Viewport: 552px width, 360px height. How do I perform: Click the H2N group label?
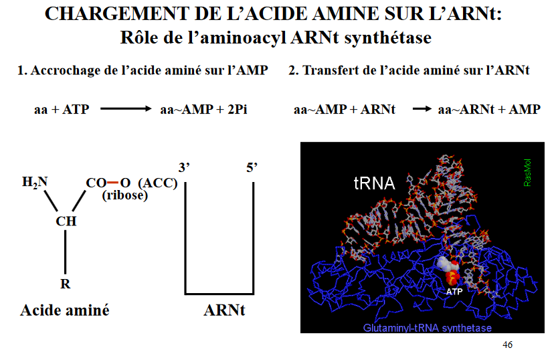tap(35, 182)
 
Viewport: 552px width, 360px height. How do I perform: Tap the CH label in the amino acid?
tap(66, 221)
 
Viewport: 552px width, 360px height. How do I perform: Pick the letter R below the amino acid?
tap(66, 284)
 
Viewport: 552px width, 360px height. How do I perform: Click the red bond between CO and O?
tap(112, 182)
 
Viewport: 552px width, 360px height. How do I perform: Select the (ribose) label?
tap(125, 195)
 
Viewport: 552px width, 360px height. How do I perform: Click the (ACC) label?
tap(156, 183)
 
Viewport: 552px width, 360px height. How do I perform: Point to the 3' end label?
tap(185, 167)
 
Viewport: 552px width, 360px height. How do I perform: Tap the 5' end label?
tap(253, 167)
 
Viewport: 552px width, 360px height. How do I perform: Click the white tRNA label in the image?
tap(374, 183)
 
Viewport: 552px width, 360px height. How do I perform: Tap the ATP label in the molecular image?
tap(454, 292)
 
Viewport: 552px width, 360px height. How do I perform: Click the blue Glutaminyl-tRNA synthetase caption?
tap(428, 327)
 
